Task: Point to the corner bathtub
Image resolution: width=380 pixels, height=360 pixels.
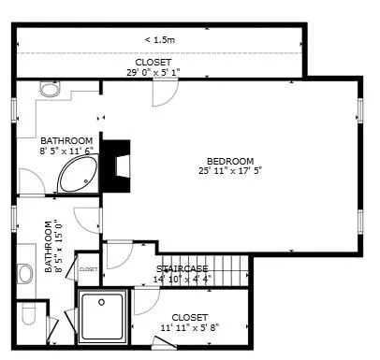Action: [77, 175]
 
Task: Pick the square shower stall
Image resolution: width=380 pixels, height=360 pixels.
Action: [102, 315]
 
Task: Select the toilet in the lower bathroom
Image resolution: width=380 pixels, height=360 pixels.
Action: [27, 315]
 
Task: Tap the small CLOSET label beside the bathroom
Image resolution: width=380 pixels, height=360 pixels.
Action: [88, 269]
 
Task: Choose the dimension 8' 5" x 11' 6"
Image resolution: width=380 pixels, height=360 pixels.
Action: [67, 151]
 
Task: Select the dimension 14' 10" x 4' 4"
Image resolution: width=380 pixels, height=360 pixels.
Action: [183, 279]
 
